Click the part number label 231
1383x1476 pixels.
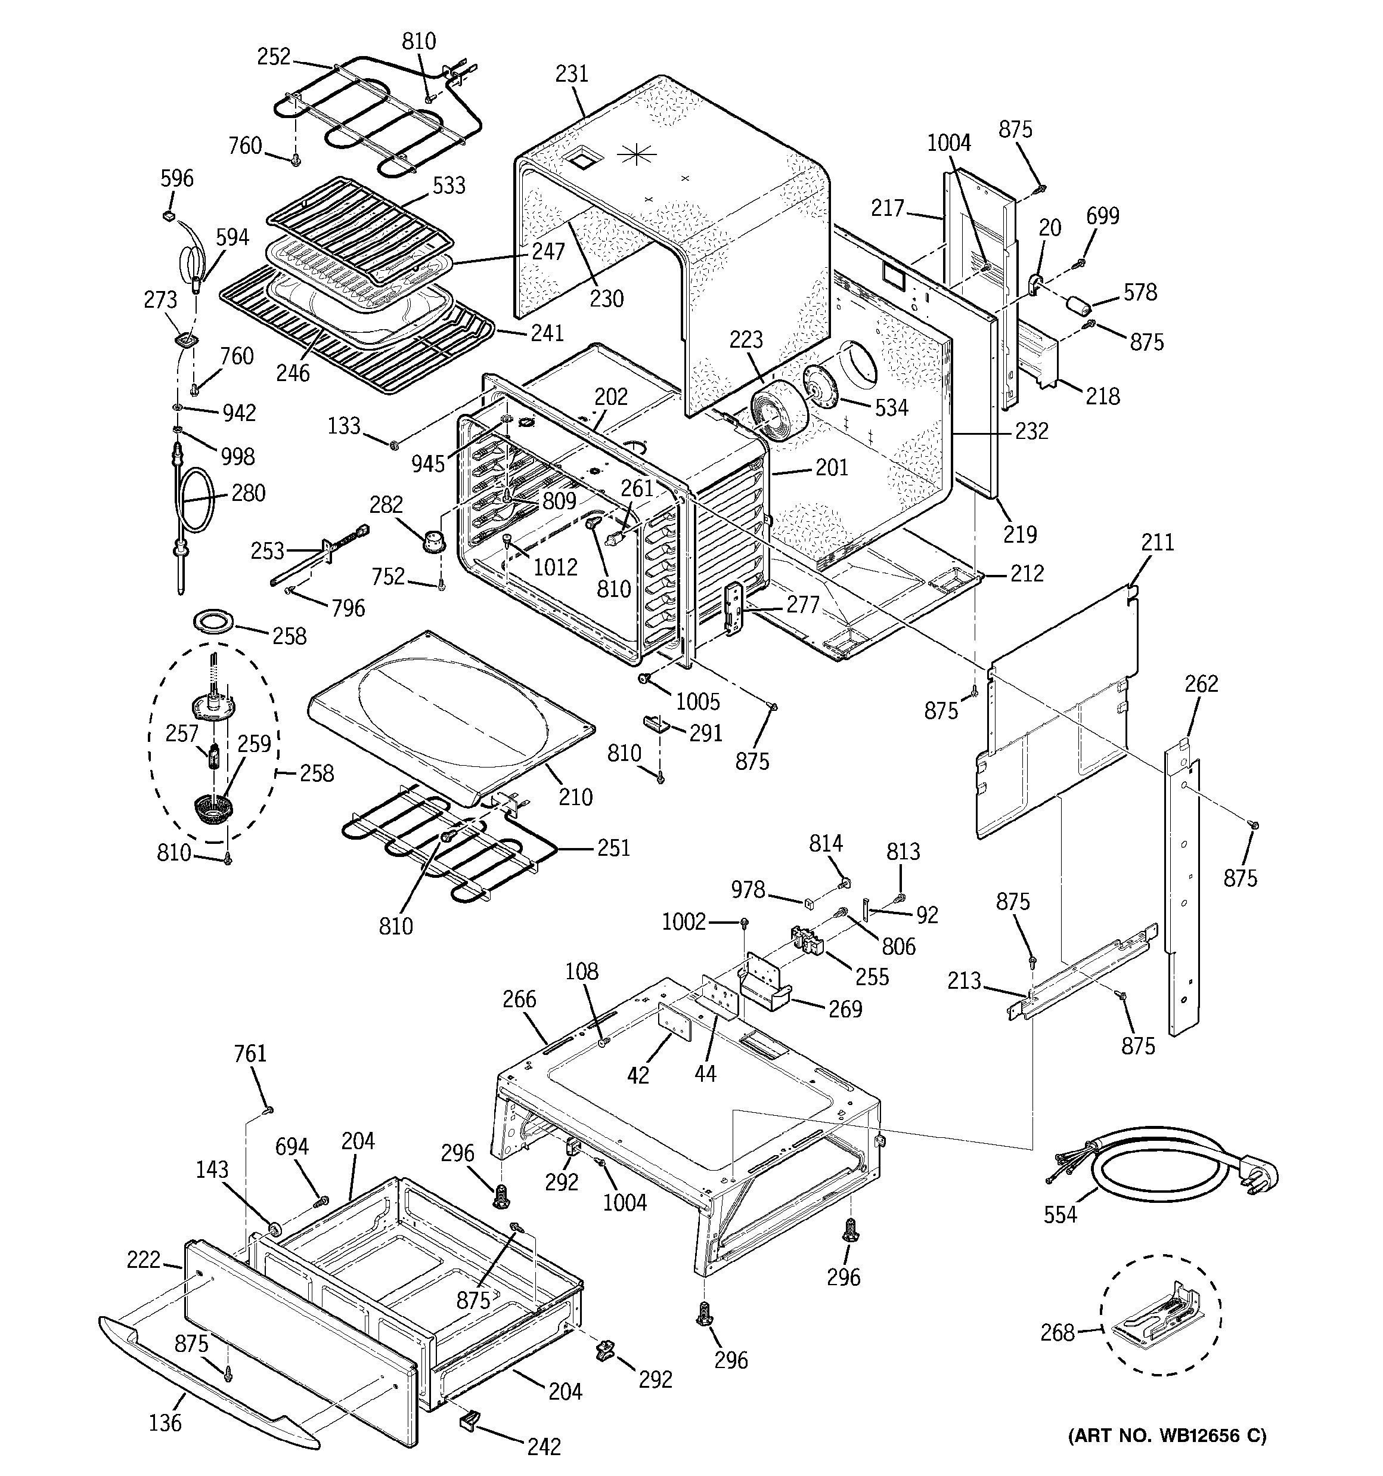(x=571, y=73)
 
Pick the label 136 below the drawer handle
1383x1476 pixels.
(x=165, y=1422)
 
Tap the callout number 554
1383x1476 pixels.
(x=1059, y=1215)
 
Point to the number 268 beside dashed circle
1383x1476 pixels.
(x=1056, y=1333)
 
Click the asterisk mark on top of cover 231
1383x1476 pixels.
(x=638, y=154)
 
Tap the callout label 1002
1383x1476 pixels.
(x=683, y=922)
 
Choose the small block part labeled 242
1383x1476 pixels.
(x=469, y=1421)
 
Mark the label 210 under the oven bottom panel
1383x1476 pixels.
(x=575, y=797)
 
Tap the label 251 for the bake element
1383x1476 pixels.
(x=613, y=848)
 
